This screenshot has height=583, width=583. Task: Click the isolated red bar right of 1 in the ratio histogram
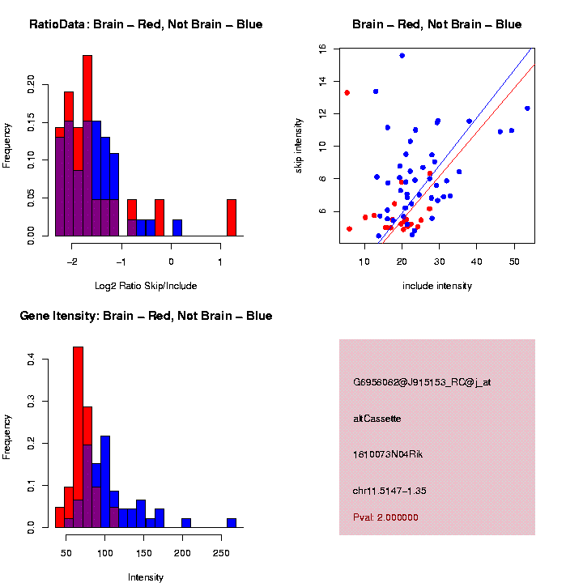pos(232,218)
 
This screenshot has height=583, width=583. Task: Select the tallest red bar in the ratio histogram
pos(87,88)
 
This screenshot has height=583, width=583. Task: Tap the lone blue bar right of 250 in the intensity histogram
pos(232,523)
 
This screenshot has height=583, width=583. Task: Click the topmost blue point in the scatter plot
pos(402,56)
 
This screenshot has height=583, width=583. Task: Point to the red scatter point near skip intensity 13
pos(347,92)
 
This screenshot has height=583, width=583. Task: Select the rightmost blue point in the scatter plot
pos(527,109)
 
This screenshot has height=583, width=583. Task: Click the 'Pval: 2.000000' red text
pos(385,517)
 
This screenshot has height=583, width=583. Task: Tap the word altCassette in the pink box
pos(377,419)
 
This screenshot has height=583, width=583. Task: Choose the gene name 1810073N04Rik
pos(388,454)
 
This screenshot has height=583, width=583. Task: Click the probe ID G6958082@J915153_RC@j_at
pos(422,382)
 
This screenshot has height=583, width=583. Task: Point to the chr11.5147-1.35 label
pos(389,491)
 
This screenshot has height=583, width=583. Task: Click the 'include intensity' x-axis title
pos(437,286)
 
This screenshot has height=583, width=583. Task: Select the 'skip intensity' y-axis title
pos(298,146)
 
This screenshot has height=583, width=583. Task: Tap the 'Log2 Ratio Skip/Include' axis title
pos(146,286)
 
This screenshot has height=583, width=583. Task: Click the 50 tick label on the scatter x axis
pos(514,262)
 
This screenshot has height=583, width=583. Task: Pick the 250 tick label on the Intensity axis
pos(221,553)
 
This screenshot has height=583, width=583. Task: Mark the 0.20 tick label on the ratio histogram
pos(31,84)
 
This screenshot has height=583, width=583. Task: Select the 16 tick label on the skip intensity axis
pos(322,49)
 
